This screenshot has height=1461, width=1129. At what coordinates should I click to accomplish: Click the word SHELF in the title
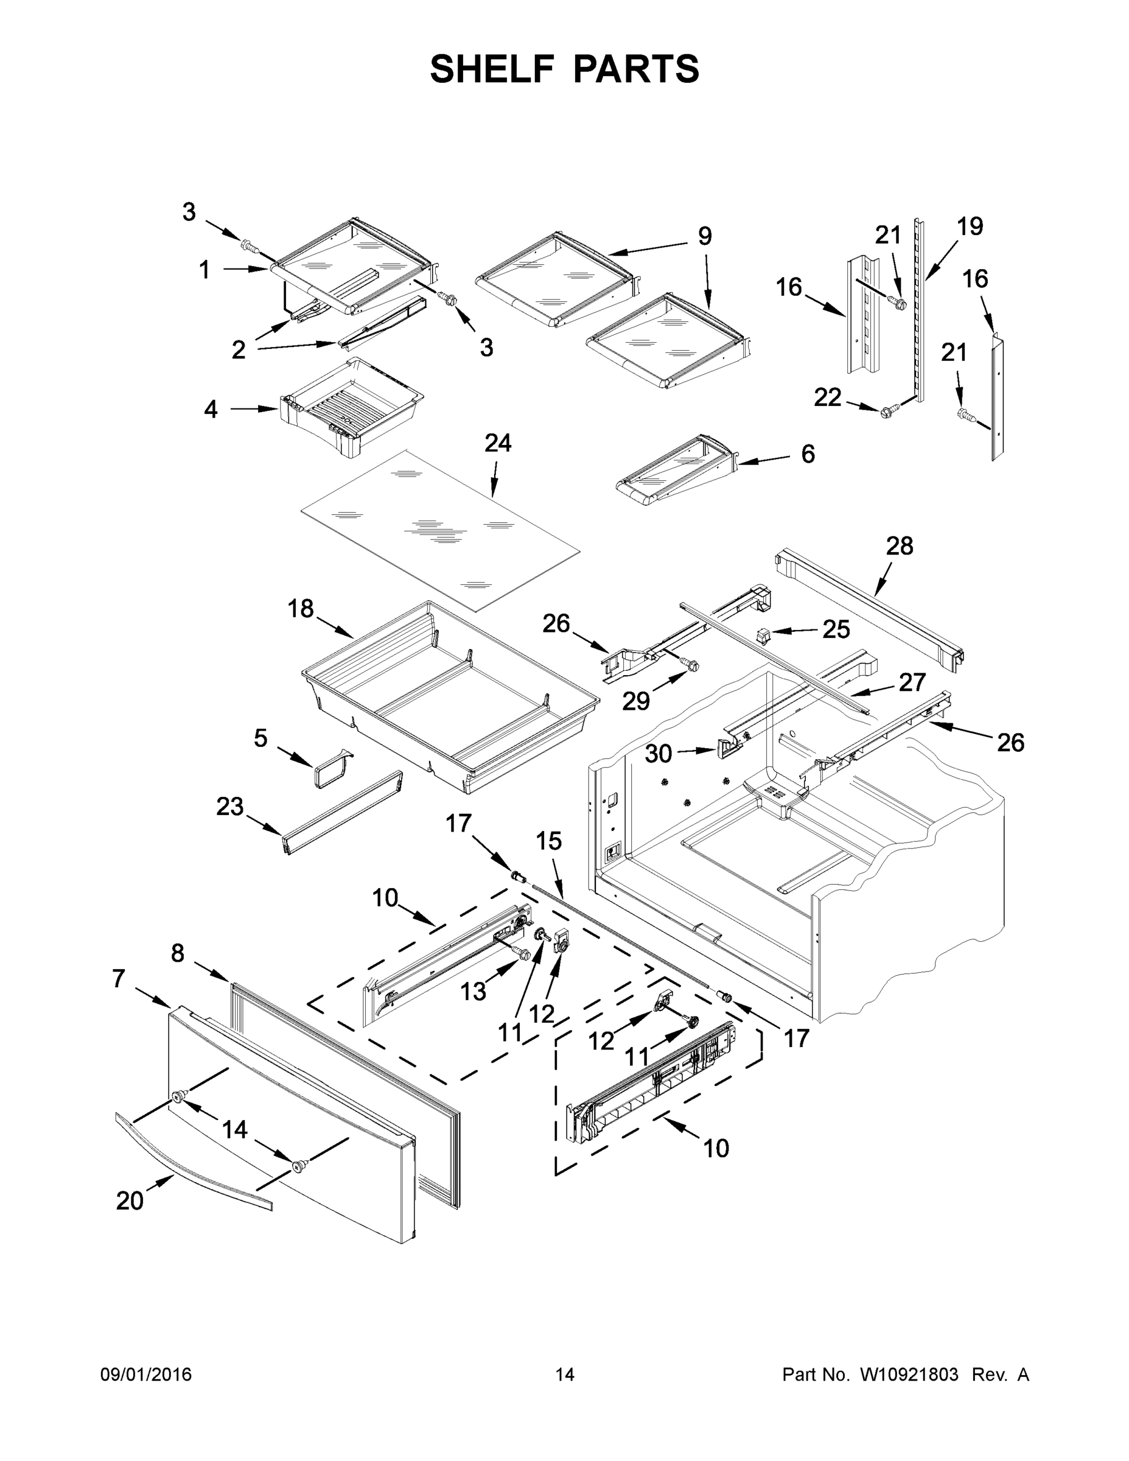pyautogui.click(x=492, y=69)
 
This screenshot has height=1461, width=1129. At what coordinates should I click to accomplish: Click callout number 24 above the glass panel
pyautogui.click(x=498, y=443)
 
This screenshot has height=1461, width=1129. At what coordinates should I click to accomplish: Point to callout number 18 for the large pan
pyautogui.click(x=300, y=609)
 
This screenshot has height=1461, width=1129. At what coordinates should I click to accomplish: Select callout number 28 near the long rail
pyautogui.click(x=900, y=547)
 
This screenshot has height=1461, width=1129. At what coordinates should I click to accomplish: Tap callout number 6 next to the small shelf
pyautogui.click(x=808, y=454)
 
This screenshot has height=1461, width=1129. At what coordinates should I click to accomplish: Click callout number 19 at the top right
pyautogui.click(x=969, y=227)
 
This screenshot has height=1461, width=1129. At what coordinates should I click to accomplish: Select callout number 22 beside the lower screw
pyautogui.click(x=827, y=398)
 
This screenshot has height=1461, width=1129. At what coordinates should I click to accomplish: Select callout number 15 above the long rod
pyautogui.click(x=548, y=841)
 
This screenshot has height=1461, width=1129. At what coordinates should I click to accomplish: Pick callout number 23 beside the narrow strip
pyautogui.click(x=229, y=806)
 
